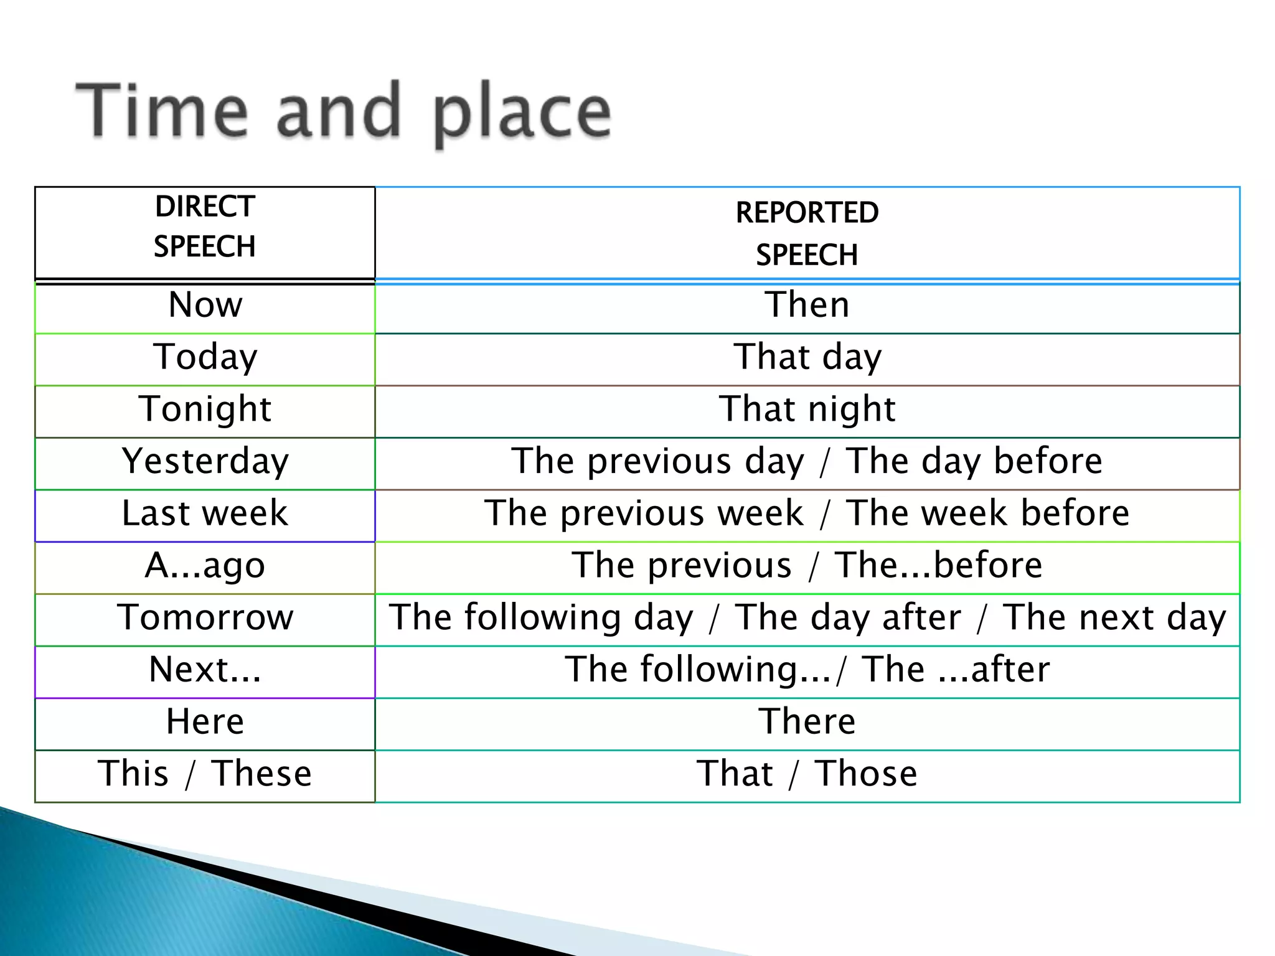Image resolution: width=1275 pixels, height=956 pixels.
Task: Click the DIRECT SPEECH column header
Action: (x=205, y=227)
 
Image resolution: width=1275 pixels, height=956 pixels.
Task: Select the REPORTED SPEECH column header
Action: (x=807, y=233)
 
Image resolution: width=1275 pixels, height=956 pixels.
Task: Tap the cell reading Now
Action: (x=205, y=306)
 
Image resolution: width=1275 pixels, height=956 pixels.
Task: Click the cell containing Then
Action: (x=807, y=306)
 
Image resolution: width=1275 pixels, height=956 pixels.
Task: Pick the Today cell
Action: (x=205, y=358)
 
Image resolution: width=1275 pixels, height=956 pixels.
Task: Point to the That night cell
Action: (x=807, y=410)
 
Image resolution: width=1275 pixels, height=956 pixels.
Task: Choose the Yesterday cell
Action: (x=205, y=462)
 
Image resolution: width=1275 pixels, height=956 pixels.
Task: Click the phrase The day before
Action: (x=974, y=462)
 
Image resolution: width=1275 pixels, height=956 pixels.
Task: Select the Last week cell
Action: (x=205, y=514)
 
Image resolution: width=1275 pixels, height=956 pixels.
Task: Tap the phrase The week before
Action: (x=988, y=514)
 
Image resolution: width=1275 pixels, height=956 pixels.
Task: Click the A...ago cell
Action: (x=205, y=566)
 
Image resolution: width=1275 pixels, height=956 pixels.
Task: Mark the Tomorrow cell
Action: (x=205, y=618)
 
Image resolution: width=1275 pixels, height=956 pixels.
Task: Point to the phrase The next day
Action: (x=1114, y=618)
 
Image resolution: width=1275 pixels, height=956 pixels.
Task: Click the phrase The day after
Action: (x=848, y=618)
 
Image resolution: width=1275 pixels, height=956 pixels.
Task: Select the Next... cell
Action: (x=205, y=670)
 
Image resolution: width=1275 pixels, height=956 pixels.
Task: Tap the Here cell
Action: (x=205, y=723)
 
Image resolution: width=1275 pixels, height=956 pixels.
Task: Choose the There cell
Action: (x=807, y=723)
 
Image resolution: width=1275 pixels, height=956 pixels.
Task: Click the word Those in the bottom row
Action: (x=866, y=775)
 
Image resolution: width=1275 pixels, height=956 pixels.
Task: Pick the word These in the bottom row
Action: (x=261, y=775)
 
